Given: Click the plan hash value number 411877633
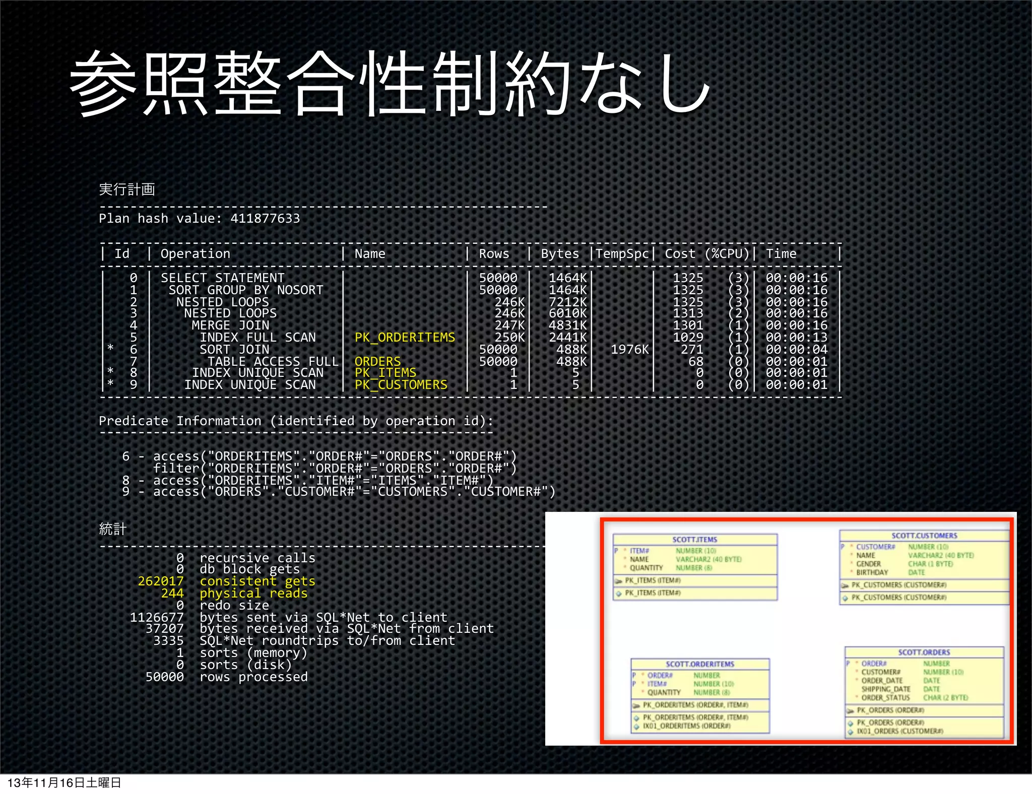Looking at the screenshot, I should (x=265, y=219).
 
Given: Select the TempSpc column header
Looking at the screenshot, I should (x=622, y=254).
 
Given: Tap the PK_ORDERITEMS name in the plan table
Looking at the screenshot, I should (x=405, y=338).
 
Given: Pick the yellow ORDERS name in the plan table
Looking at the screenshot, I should (x=377, y=362).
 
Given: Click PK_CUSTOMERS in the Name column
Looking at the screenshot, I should (x=401, y=385).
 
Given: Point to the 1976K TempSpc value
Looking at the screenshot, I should (x=629, y=350).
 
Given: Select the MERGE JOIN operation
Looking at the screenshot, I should (x=230, y=325).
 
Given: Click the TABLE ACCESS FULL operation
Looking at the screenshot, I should (x=273, y=362).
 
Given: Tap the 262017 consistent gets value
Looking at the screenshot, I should (x=161, y=581).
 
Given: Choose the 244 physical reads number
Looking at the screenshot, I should (x=172, y=593).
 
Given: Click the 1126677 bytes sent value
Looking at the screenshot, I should (x=157, y=618).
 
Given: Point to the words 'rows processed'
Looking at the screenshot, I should (x=253, y=677).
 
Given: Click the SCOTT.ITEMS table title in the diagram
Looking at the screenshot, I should (x=694, y=540).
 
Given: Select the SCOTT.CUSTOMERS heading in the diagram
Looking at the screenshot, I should (x=924, y=536).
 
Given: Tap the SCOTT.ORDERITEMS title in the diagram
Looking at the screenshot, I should (x=699, y=664).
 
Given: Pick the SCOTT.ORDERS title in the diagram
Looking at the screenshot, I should (x=924, y=652).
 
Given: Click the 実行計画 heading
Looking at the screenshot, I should (x=127, y=189).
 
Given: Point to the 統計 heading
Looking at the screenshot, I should (x=112, y=529).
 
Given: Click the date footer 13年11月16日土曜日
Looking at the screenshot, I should (x=64, y=783).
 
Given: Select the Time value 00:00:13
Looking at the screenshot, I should (x=796, y=338).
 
